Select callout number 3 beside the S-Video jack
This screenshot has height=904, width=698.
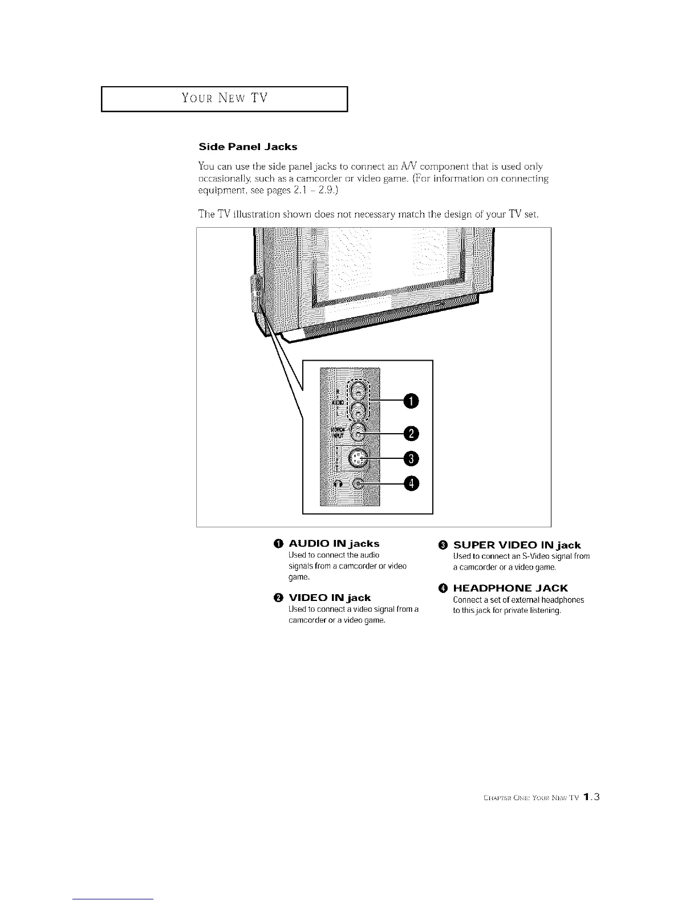411,458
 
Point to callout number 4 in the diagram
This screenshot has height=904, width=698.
411,484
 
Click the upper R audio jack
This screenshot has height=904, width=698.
358,391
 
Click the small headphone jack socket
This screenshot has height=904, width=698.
358,483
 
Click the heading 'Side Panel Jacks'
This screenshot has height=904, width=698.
247,147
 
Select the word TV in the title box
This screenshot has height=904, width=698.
259,98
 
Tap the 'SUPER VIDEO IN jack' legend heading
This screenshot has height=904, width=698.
517,545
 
